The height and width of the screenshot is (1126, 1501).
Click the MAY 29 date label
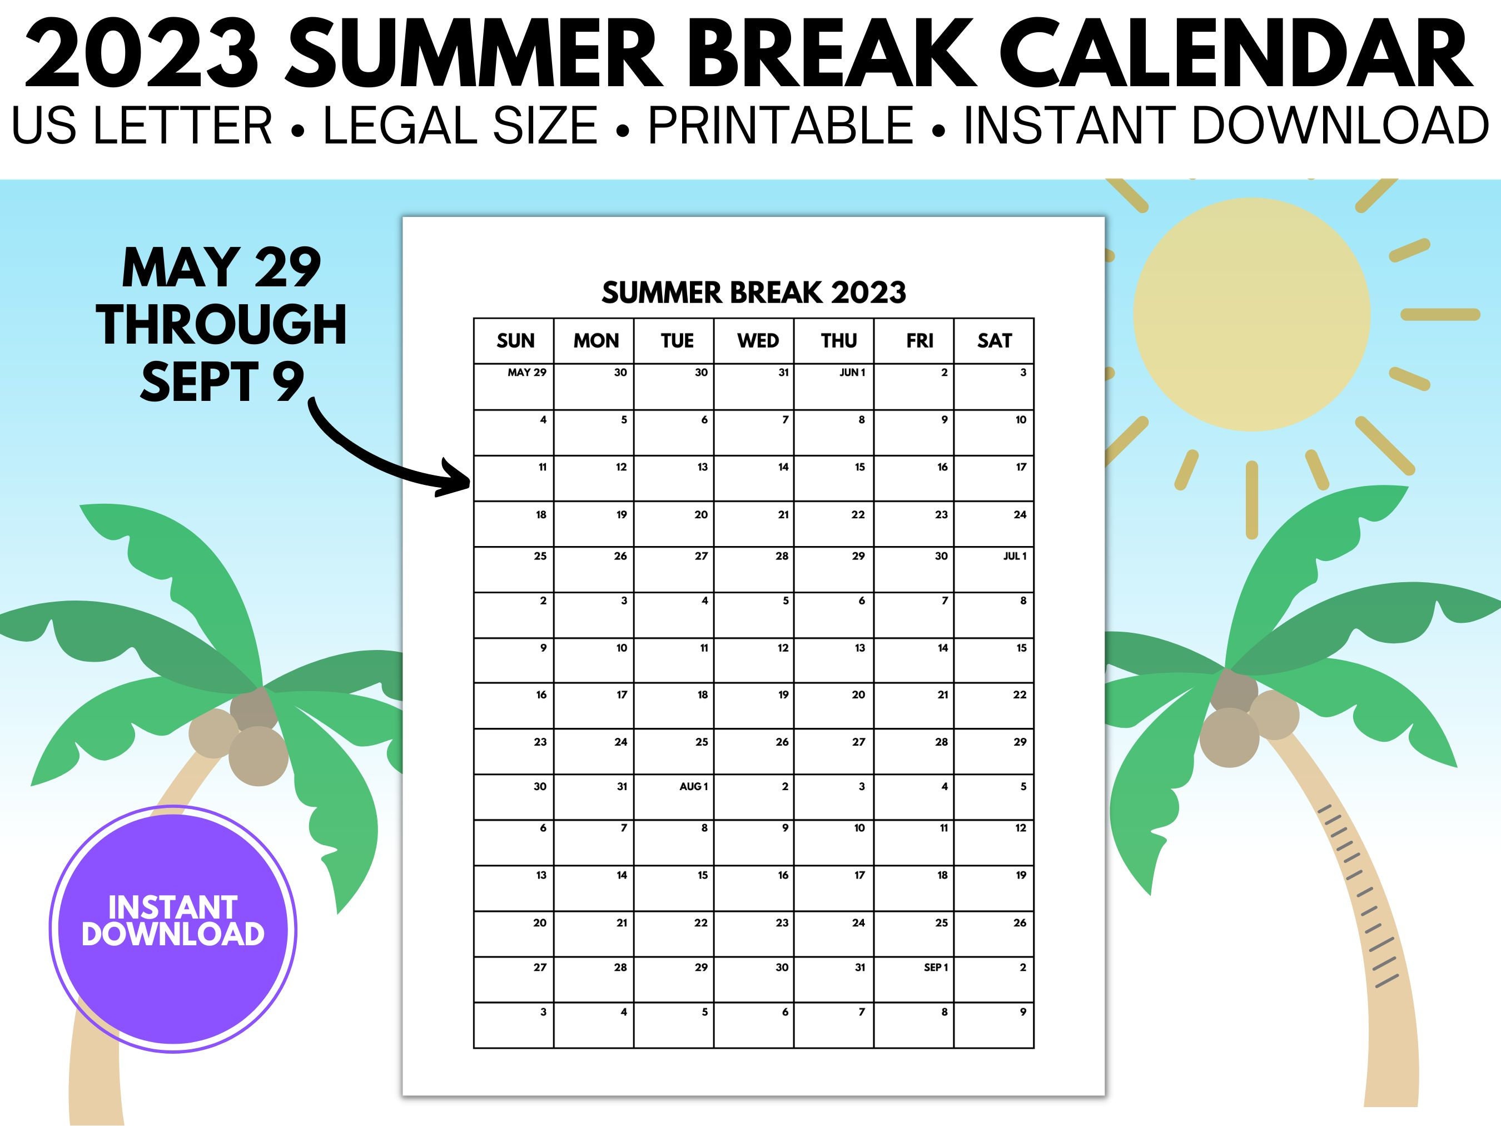point(526,373)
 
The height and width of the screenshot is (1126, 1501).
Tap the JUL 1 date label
point(1015,557)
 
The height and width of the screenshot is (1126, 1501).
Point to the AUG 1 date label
point(693,787)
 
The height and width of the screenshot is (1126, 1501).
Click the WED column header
point(757,341)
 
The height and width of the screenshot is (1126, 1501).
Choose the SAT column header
point(994,341)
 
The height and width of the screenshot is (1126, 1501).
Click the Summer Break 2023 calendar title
point(753,292)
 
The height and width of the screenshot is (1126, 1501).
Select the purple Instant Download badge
point(173,929)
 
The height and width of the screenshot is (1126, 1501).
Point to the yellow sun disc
point(1251,314)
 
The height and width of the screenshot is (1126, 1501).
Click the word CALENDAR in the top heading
point(1235,54)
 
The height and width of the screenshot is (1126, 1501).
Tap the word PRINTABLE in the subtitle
point(781,126)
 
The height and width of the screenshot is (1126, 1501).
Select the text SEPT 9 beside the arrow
point(222,381)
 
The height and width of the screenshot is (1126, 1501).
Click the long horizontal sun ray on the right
point(1440,314)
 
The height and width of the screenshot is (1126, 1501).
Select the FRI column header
point(920,341)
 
